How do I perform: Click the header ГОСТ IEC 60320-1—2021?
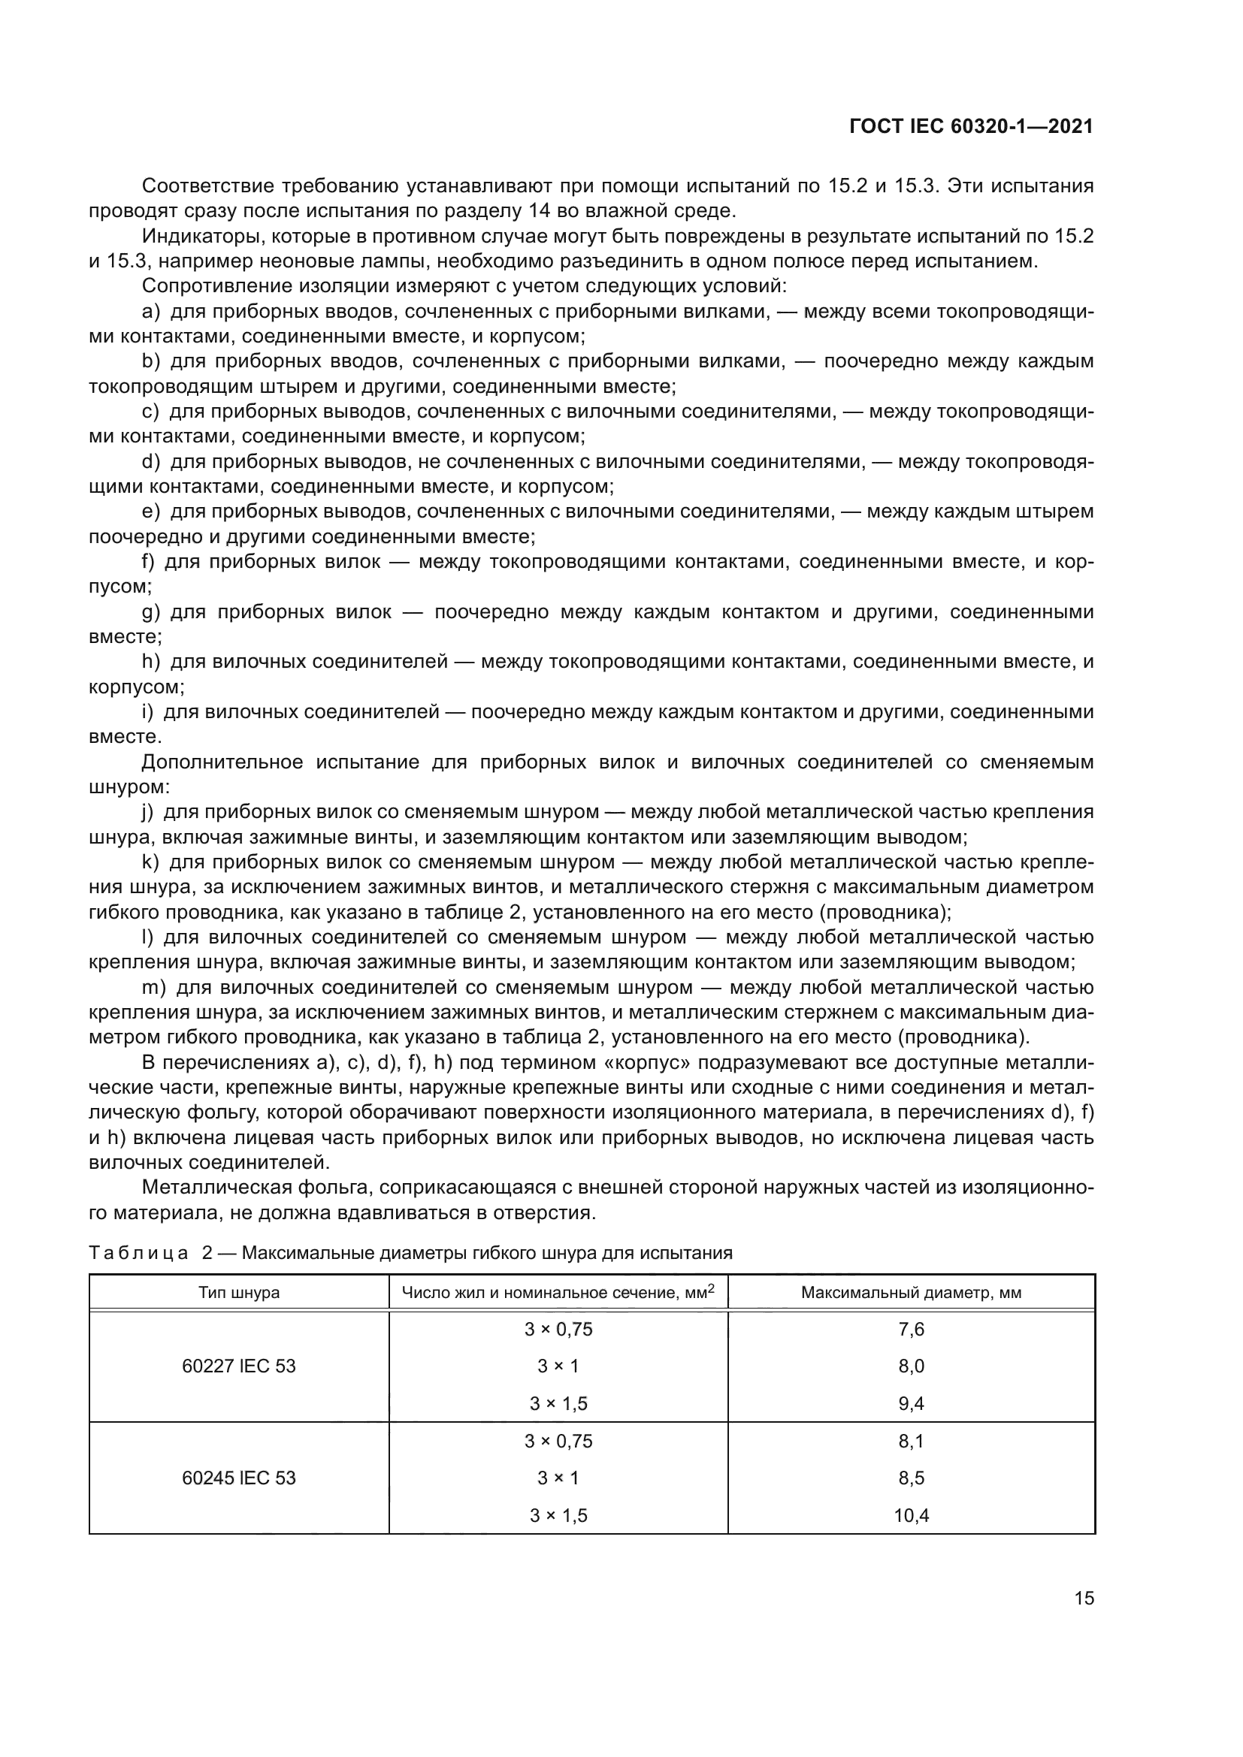(970, 127)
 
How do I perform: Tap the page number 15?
(1084, 1599)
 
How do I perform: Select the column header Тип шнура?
(239, 1293)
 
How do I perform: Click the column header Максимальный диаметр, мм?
(911, 1293)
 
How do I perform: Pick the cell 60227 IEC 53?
(239, 1366)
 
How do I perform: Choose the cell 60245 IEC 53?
(239, 1478)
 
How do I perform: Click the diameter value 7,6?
(911, 1330)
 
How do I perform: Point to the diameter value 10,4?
(911, 1515)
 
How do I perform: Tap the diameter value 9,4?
(911, 1403)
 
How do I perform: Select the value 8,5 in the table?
(911, 1478)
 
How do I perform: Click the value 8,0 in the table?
(911, 1366)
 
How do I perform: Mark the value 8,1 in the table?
(911, 1441)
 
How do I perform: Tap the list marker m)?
(154, 988)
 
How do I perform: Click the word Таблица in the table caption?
(138, 1254)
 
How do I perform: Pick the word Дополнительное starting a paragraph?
(222, 762)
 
